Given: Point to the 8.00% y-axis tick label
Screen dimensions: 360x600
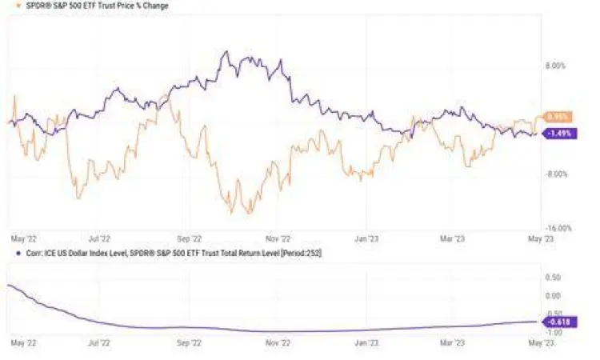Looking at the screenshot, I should point(554,66).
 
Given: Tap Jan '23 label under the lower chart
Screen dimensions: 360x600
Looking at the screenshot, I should point(366,342).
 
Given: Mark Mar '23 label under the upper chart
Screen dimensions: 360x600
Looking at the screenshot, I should point(454,238).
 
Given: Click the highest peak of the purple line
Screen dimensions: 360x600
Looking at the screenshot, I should point(226,52).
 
